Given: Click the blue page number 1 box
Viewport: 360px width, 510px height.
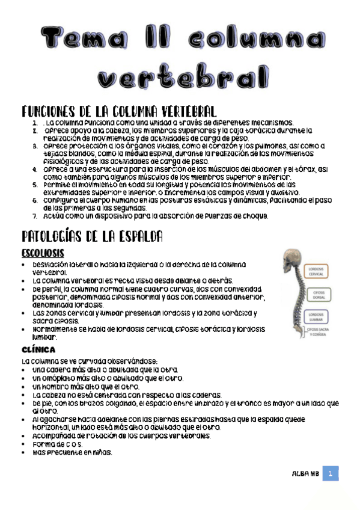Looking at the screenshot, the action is (x=330, y=474).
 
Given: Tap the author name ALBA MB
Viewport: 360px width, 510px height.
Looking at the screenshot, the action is (x=305, y=474).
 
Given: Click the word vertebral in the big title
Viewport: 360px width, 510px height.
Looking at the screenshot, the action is (x=183, y=78).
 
